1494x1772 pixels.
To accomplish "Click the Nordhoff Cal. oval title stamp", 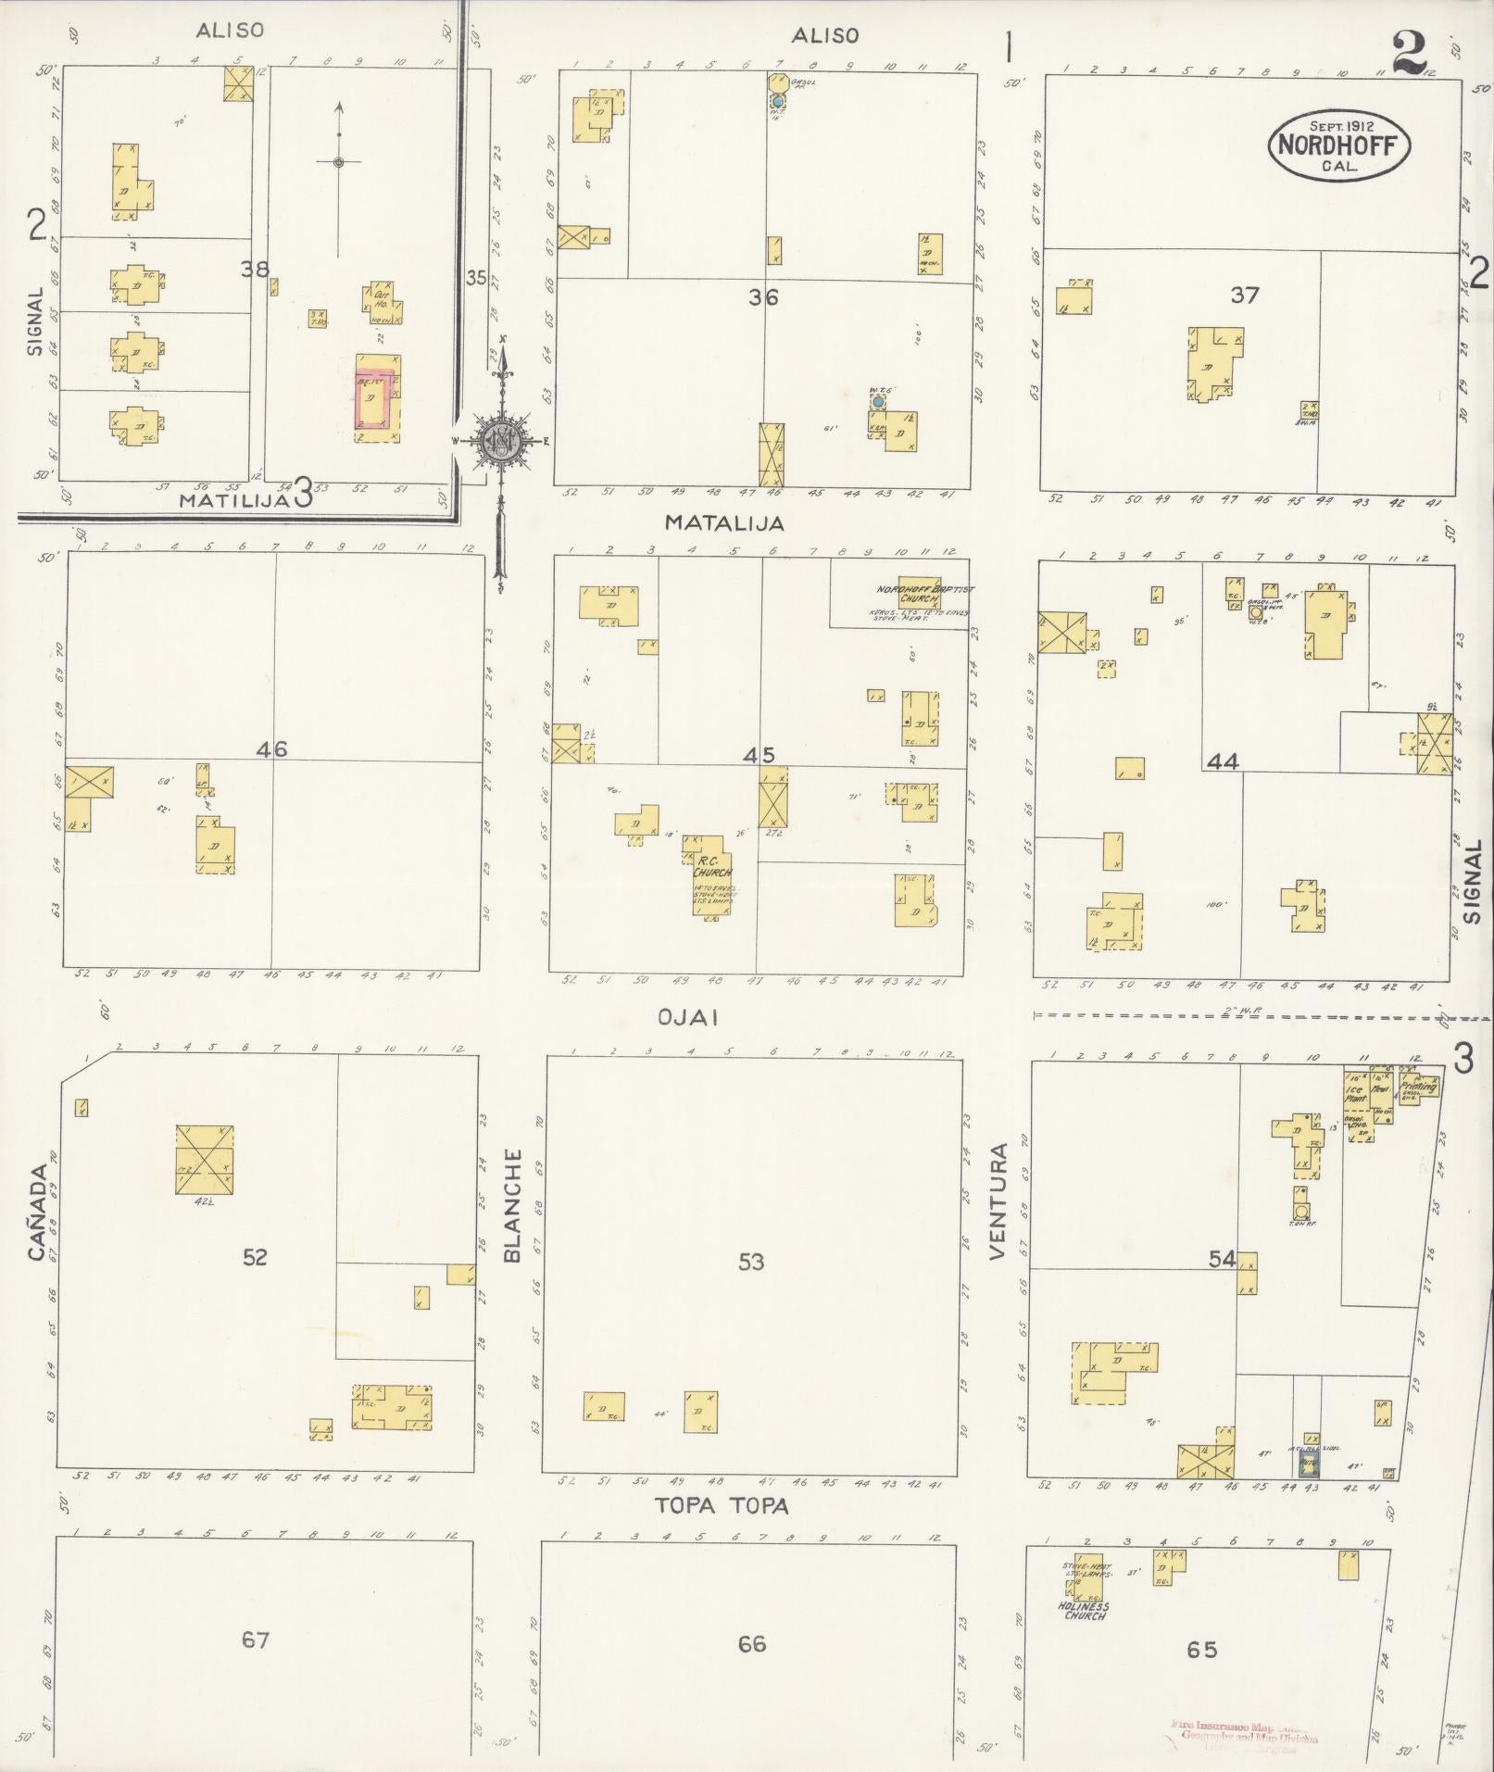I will pos(1338,145).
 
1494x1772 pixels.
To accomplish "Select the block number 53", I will pos(751,1261).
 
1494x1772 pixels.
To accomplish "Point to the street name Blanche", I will pos(512,1206).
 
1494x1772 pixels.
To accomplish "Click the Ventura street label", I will pos(997,1201).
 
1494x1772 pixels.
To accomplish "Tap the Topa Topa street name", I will pos(722,1506).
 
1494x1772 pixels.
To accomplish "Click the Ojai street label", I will pos(688,1017).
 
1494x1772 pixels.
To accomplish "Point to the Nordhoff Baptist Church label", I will pos(912,594).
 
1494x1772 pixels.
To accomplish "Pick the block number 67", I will pos(255,1640).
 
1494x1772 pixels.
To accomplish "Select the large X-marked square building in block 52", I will pos(205,1159).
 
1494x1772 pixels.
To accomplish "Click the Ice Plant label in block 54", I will pos(1357,1093).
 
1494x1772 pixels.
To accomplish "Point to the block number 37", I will pos(1245,295).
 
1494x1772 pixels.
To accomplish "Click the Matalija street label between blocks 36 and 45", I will pos(724,523).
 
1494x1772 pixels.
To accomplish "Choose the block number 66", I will pos(751,1643).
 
